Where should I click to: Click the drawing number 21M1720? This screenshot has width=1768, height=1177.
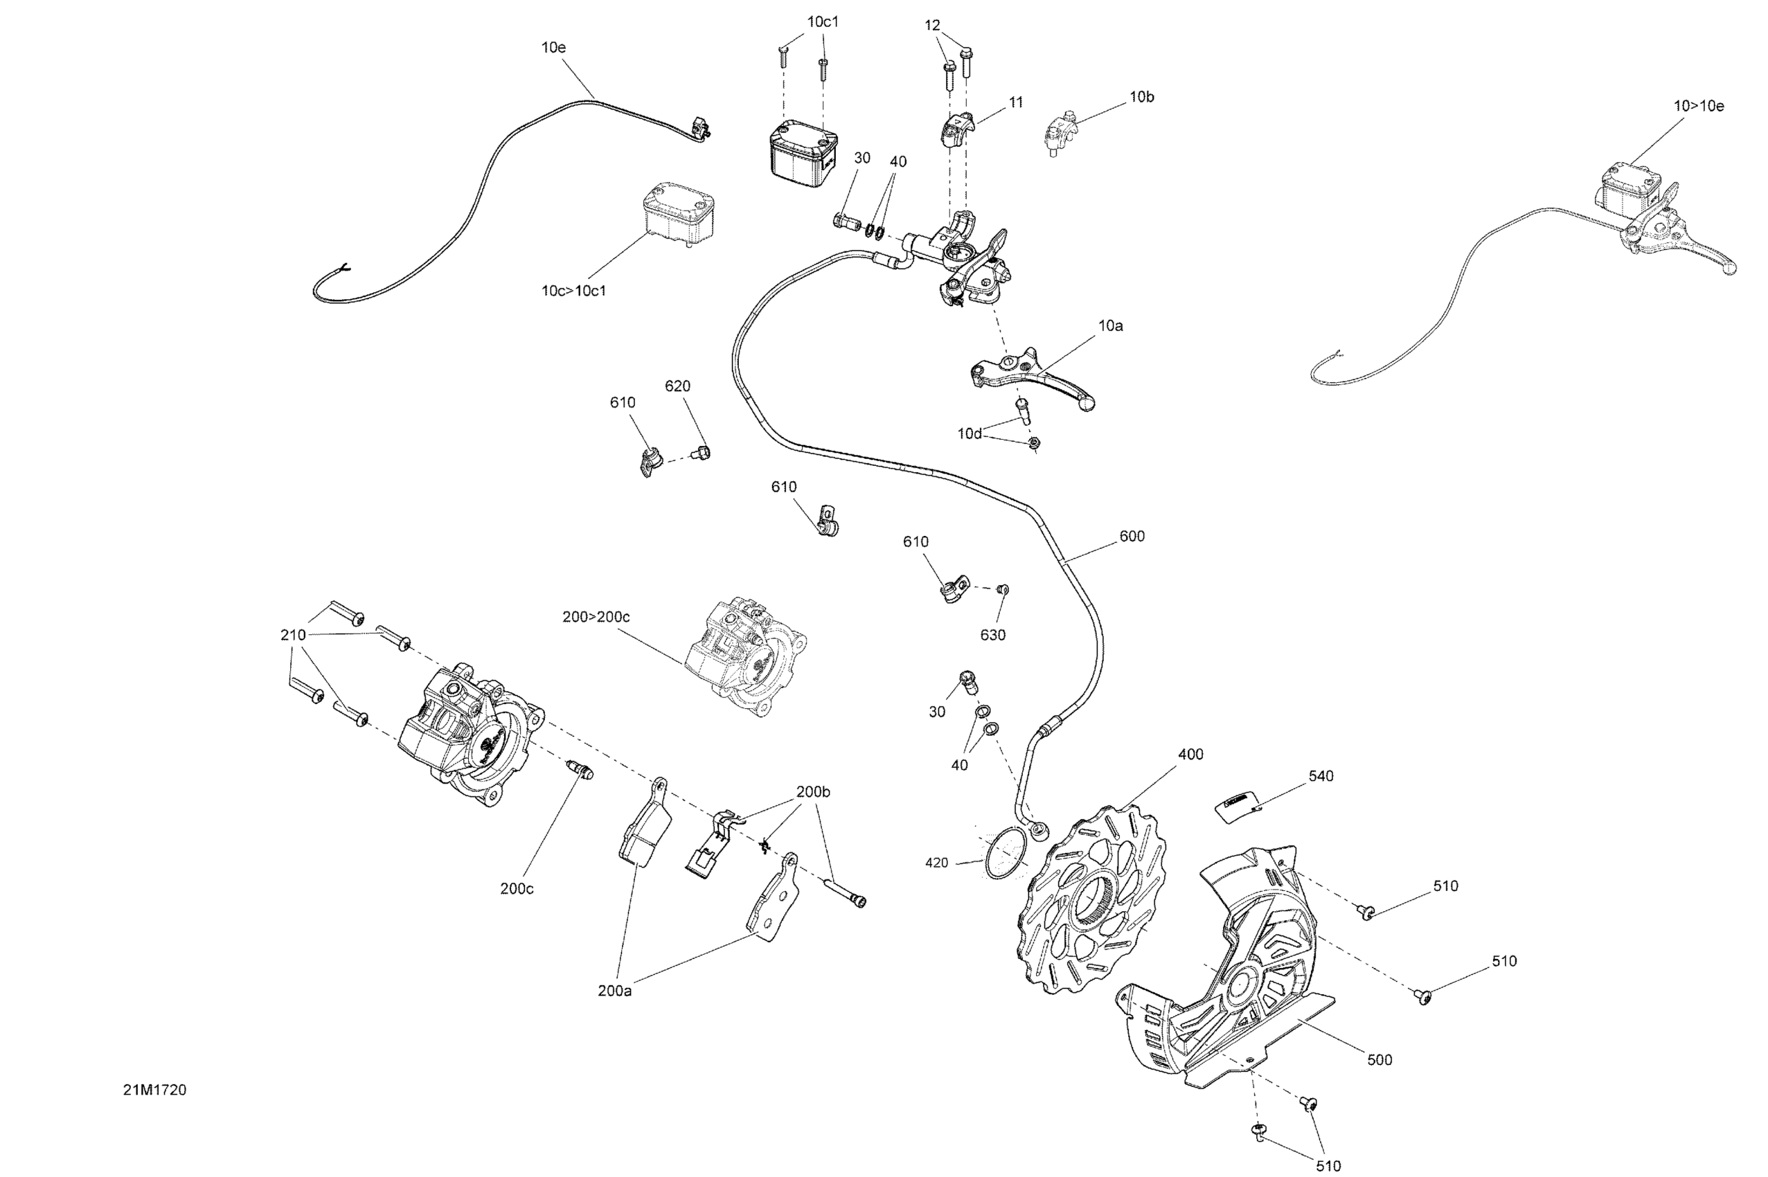154,1090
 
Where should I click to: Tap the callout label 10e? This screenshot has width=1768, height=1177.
553,47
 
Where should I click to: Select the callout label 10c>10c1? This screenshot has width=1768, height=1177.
573,291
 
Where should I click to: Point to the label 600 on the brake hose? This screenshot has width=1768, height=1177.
1132,536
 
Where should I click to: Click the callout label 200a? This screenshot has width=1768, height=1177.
614,991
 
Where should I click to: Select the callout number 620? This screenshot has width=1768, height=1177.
677,386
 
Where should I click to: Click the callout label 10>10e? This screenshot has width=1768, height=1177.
1698,107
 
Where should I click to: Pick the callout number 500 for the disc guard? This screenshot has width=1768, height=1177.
1379,1060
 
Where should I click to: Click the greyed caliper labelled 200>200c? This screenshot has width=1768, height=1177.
747,658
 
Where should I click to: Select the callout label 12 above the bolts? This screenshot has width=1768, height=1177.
931,26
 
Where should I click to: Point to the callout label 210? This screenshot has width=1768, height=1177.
293,635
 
